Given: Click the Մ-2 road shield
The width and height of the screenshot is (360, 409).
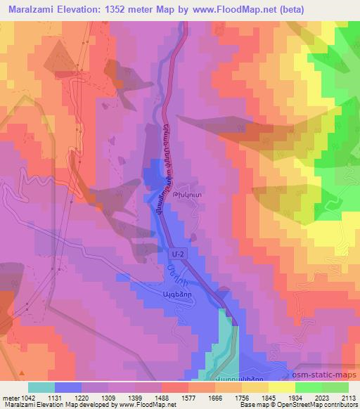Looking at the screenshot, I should coord(176,259).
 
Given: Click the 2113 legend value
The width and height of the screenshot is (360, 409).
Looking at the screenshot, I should coord(349,397).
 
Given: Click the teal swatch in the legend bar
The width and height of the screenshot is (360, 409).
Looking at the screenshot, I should coord(41,387).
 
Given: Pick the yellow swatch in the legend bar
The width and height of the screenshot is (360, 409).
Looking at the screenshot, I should coord(281,387).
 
